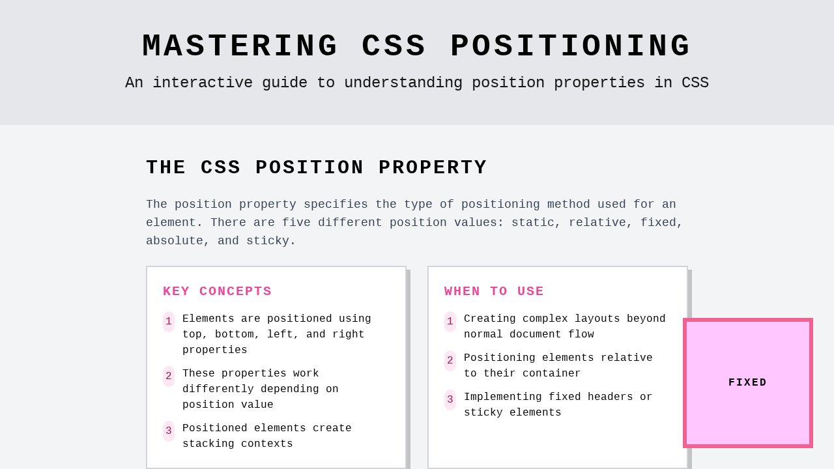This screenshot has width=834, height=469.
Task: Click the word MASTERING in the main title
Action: [240, 47]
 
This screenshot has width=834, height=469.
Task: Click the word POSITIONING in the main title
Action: [571, 47]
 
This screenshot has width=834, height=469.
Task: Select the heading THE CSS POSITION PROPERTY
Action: [316, 167]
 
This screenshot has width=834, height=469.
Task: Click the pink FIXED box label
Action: [747, 382]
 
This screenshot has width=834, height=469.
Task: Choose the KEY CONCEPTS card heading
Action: [217, 291]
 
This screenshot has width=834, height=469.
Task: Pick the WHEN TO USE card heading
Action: [494, 291]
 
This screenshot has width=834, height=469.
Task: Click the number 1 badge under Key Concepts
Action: [169, 321]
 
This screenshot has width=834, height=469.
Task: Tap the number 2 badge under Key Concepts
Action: [169, 376]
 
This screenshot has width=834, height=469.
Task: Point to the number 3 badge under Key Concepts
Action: [169, 431]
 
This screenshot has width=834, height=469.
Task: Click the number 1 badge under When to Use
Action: [450, 321]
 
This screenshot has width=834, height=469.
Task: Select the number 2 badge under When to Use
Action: [450, 360]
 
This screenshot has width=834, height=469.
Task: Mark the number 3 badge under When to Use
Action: [450, 399]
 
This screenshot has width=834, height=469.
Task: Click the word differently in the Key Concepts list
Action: [218, 390]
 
